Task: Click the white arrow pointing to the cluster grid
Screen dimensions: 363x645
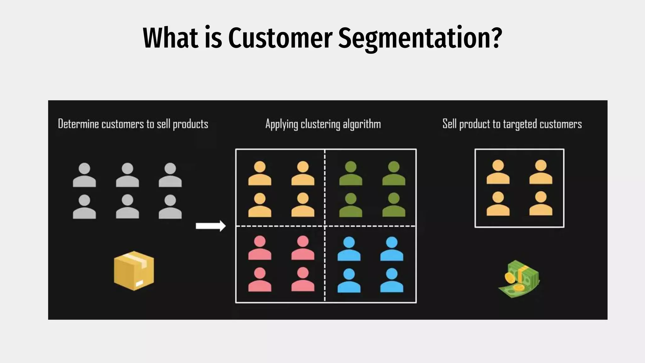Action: coord(211,226)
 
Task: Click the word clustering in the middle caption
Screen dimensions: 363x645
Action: coord(320,124)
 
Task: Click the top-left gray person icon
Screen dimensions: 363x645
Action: coord(84,175)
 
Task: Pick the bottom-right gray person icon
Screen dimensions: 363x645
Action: coord(170,207)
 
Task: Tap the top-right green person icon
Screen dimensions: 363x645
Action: coord(394,173)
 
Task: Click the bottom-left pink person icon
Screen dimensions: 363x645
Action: coord(260,279)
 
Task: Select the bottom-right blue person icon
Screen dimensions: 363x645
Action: coord(392,280)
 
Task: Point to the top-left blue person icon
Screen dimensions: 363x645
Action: coord(349,249)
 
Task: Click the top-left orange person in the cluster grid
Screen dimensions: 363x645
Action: coord(260,173)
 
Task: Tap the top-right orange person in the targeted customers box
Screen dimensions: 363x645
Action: coord(541,172)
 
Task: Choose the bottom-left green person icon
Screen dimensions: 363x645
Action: coord(351,205)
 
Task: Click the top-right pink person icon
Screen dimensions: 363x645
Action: coord(303,248)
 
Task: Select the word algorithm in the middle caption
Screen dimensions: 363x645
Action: coord(362,124)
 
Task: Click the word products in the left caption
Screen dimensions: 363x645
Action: coord(191,124)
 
